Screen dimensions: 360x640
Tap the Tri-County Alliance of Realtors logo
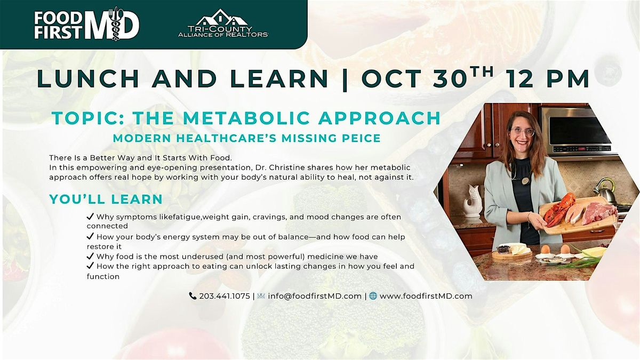223,24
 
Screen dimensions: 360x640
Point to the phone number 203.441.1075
225,296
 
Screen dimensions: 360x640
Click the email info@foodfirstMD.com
314,296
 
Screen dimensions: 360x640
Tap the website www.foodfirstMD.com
426,296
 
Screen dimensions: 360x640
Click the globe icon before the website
373,296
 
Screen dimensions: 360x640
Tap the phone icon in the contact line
193,296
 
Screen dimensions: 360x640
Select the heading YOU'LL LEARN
106,199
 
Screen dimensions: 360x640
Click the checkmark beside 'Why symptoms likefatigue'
90,217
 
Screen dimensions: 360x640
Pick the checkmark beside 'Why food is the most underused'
90,257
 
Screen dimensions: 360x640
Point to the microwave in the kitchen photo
575,131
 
